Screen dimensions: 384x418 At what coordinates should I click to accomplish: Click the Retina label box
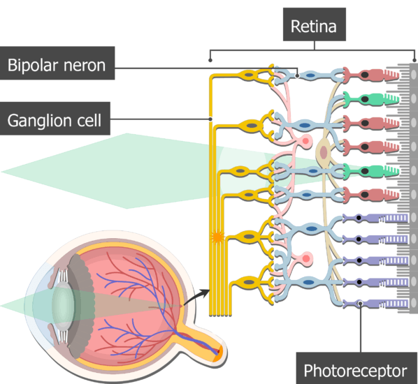[315, 27]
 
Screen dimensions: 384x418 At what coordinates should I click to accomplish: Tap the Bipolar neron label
[57, 66]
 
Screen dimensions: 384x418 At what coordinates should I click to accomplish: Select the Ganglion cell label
[54, 120]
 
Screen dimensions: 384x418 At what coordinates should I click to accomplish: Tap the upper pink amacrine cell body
[305, 145]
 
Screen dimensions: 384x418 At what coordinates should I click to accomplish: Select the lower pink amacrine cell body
[305, 260]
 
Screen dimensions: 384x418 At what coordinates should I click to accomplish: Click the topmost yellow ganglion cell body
[248, 73]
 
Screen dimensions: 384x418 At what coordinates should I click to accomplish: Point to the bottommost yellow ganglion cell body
[248, 283]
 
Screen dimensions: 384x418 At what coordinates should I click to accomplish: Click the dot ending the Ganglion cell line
[210, 119]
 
